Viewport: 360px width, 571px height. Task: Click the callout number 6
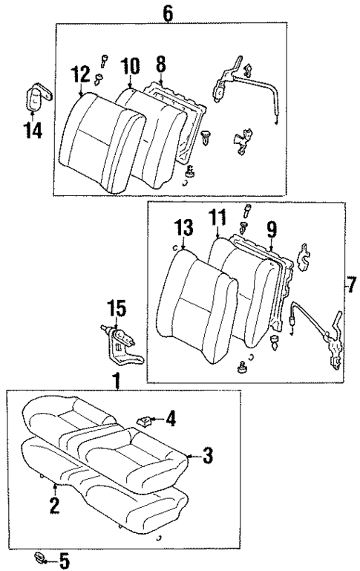tap(168, 13)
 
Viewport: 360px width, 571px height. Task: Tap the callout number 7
tap(350, 284)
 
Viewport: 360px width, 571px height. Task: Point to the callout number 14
tap(33, 131)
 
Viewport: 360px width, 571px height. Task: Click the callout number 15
tap(117, 306)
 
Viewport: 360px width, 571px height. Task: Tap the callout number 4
tap(171, 420)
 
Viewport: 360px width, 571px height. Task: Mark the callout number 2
tap(53, 507)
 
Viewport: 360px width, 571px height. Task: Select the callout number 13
tap(184, 226)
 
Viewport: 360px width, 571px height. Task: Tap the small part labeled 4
tap(145, 421)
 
